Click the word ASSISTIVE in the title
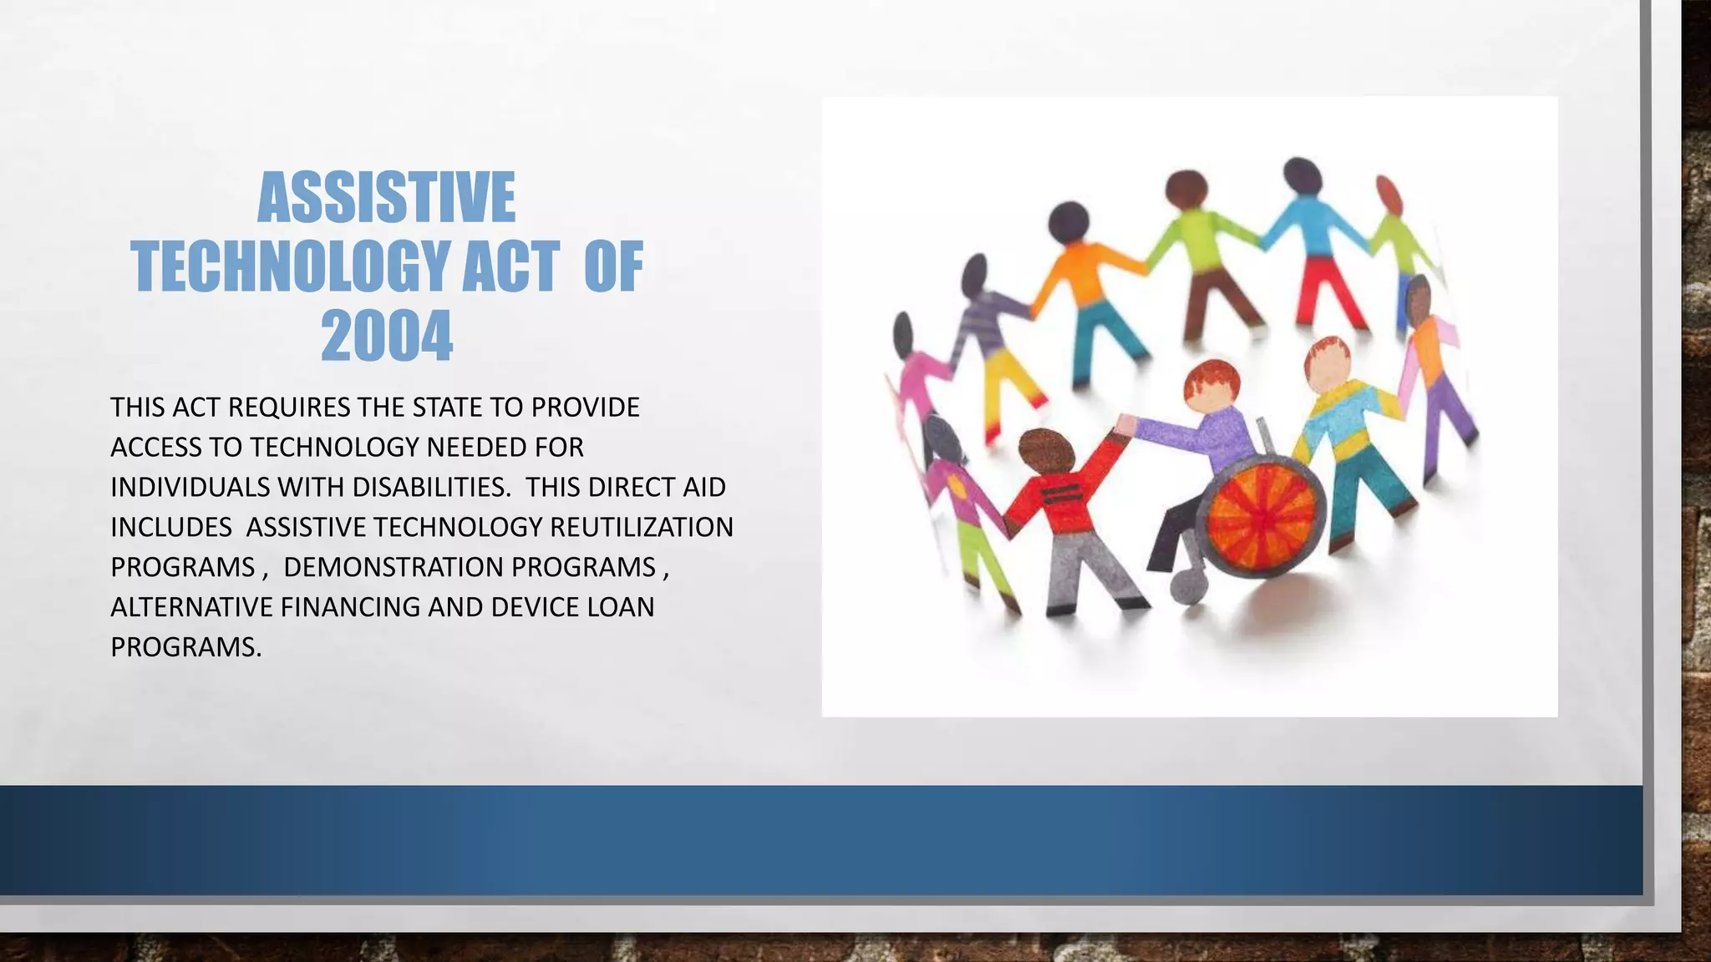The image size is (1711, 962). (386, 198)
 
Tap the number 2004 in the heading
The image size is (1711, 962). (387, 337)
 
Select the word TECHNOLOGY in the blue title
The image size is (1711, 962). (290, 267)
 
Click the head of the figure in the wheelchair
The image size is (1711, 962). (1211, 387)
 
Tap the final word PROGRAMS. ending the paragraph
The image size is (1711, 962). (186, 648)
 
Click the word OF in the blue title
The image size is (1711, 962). (613, 267)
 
